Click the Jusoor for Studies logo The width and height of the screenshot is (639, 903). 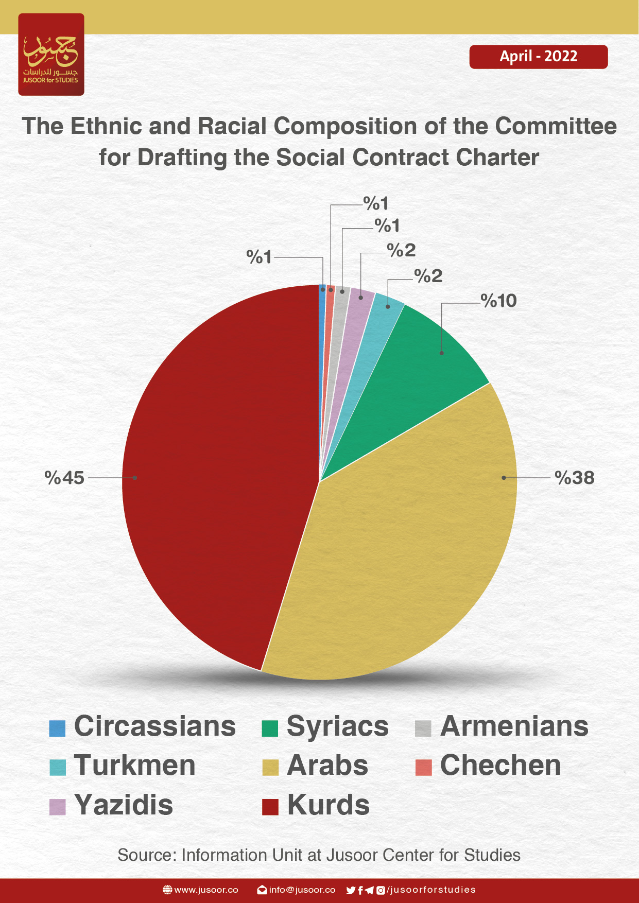[x=51, y=55]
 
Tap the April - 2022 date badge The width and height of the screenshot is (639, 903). [x=538, y=57]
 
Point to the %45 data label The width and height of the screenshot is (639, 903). [x=64, y=478]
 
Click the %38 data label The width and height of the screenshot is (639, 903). [x=575, y=478]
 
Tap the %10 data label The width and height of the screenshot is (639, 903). [x=498, y=301]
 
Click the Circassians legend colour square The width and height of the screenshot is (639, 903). [x=57, y=728]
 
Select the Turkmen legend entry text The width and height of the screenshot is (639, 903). [x=135, y=766]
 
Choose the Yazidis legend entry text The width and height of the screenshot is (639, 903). [x=124, y=805]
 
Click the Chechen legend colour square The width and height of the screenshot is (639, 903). [x=423, y=767]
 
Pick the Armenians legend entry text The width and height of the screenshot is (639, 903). [x=514, y=726]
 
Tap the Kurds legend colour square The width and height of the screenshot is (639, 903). [x=270, y=807]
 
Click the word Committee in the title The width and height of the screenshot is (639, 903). [x=556, y=126]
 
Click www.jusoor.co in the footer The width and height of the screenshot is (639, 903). [x=206, y=890]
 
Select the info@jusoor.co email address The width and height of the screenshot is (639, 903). [x=302, y=890]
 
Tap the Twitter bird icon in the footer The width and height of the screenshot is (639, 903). [x=351, y=890]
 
